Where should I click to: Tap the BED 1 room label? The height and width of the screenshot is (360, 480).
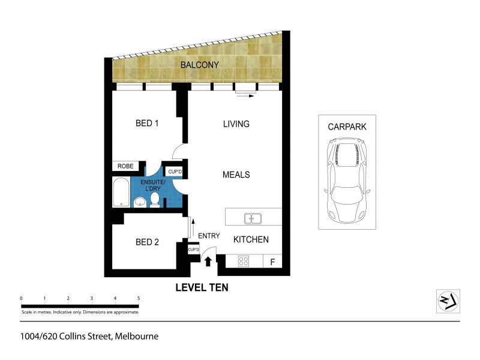tap(147, 124)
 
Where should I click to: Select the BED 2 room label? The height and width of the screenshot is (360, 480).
tap(147, 242)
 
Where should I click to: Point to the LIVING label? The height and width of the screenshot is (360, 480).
tap(236, 124)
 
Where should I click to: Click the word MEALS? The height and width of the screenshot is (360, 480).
tap(236, 175)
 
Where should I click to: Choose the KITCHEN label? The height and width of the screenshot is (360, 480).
tap(251, 239)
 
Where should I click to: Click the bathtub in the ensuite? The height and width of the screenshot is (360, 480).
tap(121, 192)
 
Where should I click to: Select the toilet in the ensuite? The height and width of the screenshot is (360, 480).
tap(155, 199)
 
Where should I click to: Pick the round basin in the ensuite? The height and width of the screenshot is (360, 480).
tap(139, 202)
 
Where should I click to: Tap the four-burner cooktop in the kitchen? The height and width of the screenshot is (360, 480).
tap(244, 261)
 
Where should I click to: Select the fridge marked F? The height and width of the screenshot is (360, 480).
tap(272, 262)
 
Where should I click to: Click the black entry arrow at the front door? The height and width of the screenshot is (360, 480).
tap(208, 262)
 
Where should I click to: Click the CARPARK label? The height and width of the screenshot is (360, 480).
tap(347, 127)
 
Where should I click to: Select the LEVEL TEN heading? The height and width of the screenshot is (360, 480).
tap(202, 287)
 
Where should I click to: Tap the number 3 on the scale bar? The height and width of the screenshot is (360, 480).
tap(91, 298)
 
